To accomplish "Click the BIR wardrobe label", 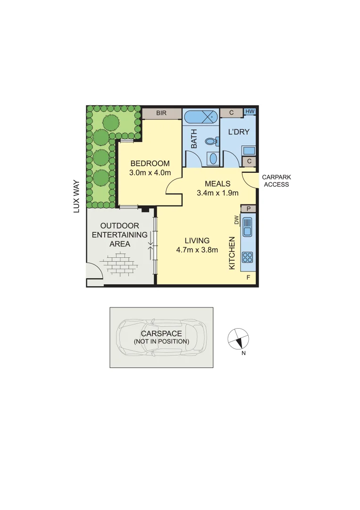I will click(x=161, y=113).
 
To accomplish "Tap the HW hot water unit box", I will click(x=250, y=112).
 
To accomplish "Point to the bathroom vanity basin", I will click(x=213, y=158).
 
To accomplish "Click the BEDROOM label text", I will click(x=150, y=163).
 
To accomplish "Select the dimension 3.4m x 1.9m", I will click(x=218, y=193).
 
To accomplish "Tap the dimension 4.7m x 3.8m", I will click(x=197, y=250).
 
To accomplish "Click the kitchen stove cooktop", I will click(x=247, y=257).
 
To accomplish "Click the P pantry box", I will click(x=248, y=208).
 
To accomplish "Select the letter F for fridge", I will click(x=249, y=278).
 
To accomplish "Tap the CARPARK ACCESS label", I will click(x=276, y=181).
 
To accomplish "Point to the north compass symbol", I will click(x=238, y=339).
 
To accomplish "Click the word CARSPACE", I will click(x=161, y=333).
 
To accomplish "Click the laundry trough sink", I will click(x=249, y=151).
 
